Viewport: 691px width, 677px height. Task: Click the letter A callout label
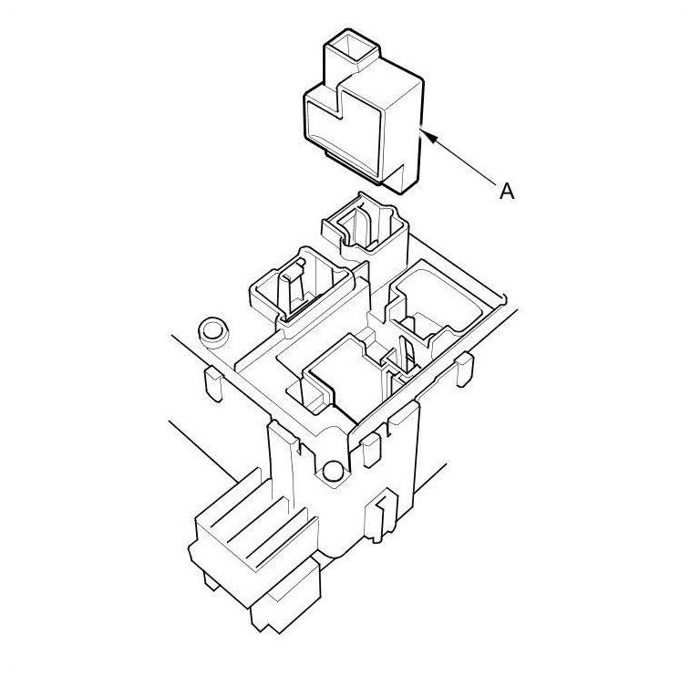click(507, 191)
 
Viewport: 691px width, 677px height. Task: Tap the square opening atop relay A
click(353, 47)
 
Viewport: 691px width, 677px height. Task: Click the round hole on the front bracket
click(333, 472)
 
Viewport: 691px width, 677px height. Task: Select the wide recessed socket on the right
click(440, 305)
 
